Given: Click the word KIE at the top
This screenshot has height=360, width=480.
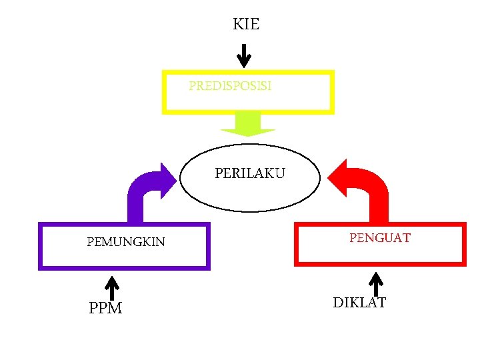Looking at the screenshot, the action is coord(246,25).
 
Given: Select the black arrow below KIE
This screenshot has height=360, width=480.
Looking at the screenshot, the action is coord(245,55).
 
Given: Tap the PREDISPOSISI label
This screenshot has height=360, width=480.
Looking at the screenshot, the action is coord(230,86).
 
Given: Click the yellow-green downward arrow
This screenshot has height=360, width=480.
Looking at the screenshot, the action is coord(248,124).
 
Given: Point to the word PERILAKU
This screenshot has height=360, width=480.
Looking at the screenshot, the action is coord(250,173).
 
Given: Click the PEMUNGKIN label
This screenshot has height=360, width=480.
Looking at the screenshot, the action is coord(126,241).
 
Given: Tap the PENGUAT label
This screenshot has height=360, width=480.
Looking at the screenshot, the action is coord(380,237).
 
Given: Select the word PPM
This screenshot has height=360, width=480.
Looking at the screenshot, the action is coord(105,309).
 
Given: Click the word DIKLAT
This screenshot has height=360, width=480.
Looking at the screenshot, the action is coord(359,303).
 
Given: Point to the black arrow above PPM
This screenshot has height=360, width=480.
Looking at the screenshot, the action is coord(113,288).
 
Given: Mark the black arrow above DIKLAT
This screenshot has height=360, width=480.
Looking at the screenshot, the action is coord(377,283).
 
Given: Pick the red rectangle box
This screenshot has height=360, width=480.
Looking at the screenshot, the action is coord(380,262).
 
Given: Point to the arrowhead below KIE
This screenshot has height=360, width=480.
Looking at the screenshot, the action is coord(245,63).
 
